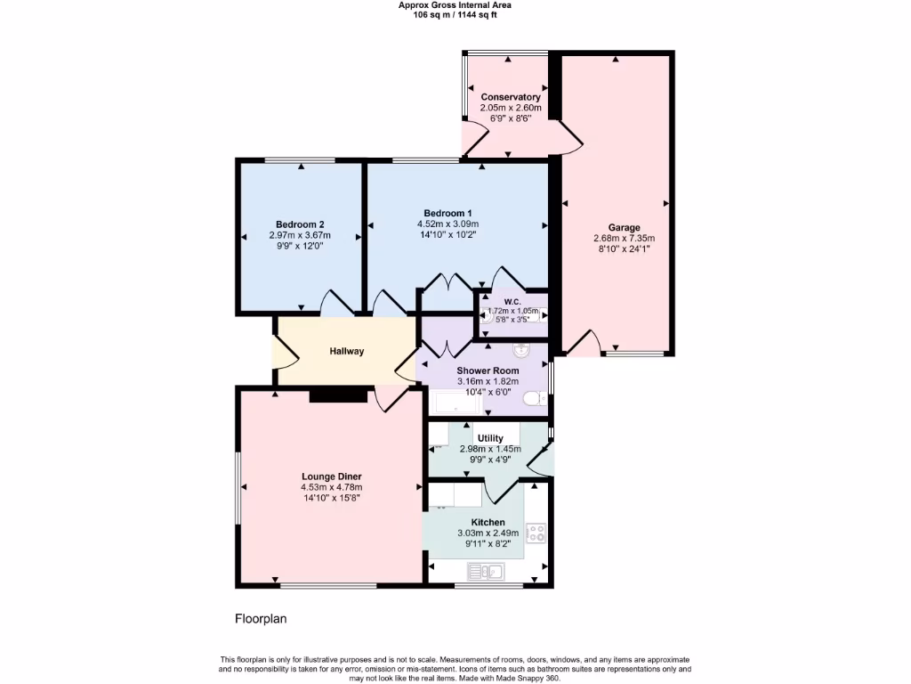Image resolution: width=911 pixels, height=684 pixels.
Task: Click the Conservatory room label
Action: pyautogui.click(x=511, y=97)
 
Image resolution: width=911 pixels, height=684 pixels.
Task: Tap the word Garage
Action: pyautogui.click(x=624, y=227)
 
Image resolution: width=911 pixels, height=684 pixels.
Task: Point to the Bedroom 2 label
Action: pyautogui.click(x=299, y=224)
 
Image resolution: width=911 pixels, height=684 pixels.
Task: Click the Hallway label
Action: pyautogui.click(x=347, y=352)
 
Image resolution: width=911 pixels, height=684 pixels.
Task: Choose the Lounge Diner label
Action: pyautogui.click(x=331, y=476)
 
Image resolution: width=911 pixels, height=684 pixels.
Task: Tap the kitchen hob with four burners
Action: pyautogui.click(x=536, y=533)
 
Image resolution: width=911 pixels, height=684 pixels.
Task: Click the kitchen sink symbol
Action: pyautogui.click(x=486, y=571)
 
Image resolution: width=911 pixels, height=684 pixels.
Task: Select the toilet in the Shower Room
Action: pyautogui.click(x=536, y=399)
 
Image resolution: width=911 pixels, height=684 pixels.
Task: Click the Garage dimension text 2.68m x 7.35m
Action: pyautogui.click(x=624, y=239)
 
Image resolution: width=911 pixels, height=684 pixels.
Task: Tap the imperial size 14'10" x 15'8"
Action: pyautogui.click(x=331, y=498)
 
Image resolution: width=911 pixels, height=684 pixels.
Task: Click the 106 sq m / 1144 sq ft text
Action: pyautogui.click(x=455, y=15)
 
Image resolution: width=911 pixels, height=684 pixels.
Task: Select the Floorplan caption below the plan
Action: pyautogui.click(x=261, y=618)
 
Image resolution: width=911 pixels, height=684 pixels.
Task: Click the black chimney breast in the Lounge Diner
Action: pyautogui.click(x=338, y=395)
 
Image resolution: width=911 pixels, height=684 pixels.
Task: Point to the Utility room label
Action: pyautogui.click(x=490, y=438)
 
